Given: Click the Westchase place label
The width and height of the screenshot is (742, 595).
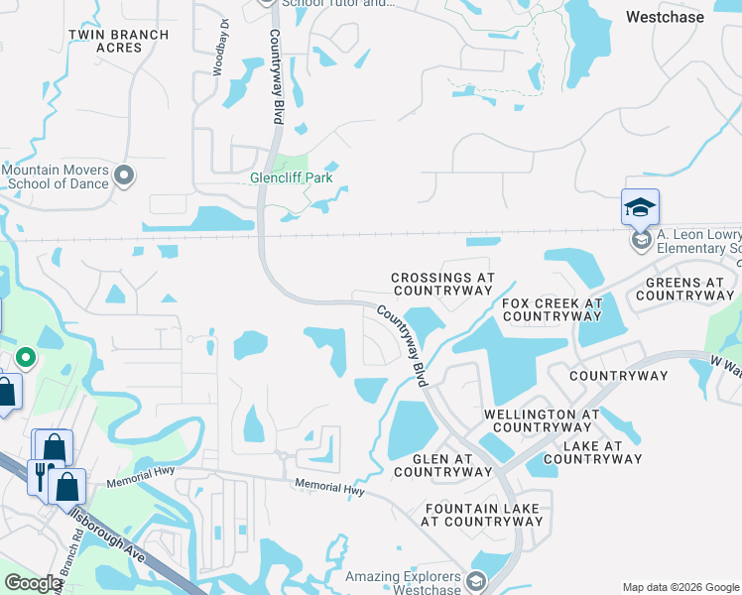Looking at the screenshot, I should pyautogui.click(x=665, y=17).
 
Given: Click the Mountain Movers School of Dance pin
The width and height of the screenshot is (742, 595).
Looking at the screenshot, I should pyautogui.click(x=124, y=177).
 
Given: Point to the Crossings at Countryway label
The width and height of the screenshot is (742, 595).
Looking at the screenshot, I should pyautogui.click(x=442, y=285).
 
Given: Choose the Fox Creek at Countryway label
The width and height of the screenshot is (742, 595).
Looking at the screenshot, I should pyautogui.click(x=553, y=309).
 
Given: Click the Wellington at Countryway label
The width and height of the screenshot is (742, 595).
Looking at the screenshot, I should pyautogui.click(x=542, y=420).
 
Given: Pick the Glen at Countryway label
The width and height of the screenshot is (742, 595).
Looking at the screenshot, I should pyautogui.click(x=442, y=466).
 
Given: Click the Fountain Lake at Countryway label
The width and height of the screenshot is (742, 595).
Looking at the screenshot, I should pyautogui.click(x=481, y=515).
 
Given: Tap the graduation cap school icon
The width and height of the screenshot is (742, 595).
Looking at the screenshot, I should pyautogui.click(x=640, y=208).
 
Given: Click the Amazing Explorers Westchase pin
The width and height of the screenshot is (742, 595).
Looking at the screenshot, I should pyautogui.click(x=476, y=581).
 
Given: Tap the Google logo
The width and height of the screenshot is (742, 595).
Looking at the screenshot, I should pyautogui.click(x=33, y=584).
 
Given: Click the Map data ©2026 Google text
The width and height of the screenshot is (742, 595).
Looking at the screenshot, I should pyautogui.click(x=680, y=587).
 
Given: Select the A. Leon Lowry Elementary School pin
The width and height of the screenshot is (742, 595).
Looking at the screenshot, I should pyautogui.click(x=641, y=240).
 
